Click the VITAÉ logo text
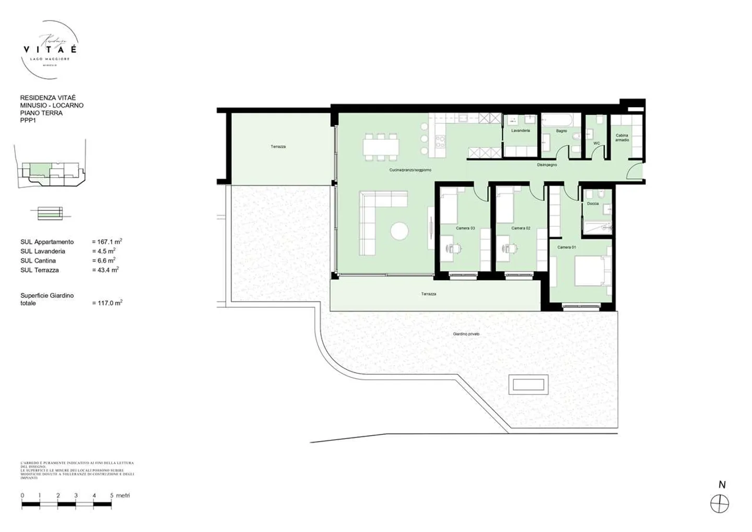50,49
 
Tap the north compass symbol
720,504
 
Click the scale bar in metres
66,505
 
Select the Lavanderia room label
521,131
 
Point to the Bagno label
561,131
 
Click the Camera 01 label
567,247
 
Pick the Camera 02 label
521,228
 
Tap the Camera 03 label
465,228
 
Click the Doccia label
593,204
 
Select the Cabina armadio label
622,137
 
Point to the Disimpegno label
547,165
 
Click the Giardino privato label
466,334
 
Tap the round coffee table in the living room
400,232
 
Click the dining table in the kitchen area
381,146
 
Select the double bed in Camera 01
593,271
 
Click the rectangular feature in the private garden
528,385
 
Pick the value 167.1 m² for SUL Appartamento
107,242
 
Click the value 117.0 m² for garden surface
107,303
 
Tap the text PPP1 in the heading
28,121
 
